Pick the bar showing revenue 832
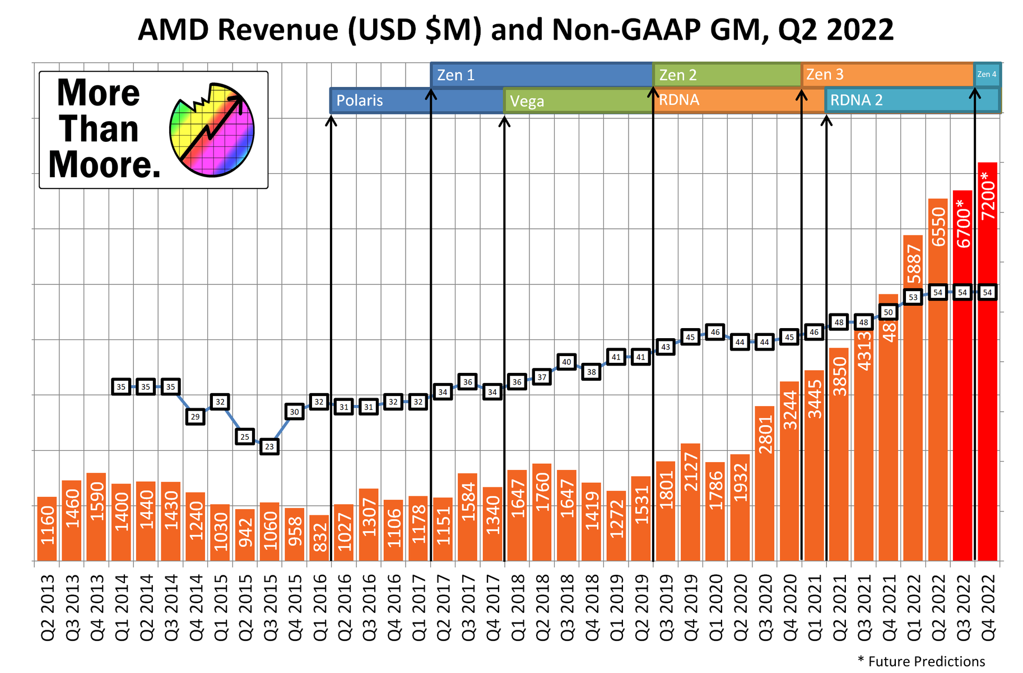(319, 538)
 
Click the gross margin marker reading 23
(269, 447)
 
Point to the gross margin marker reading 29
(195, 417)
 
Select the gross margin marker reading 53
(913, 297)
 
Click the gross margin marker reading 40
(566, 362)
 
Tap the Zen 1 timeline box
(541, 75)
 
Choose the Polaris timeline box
(416, 100)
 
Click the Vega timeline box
(578, 101)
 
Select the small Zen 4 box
(987, 74)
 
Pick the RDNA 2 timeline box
(912, 100)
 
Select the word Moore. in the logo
(105, 165)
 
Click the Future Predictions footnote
(922, 662)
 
